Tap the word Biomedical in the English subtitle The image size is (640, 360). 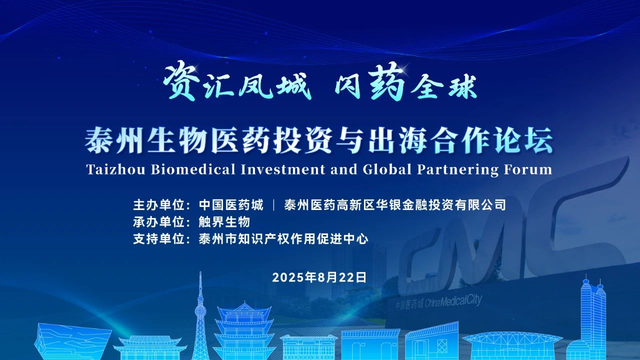[x=193, y=169]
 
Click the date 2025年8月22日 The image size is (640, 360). [x=319, y=277]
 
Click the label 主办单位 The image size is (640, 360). [x=159, y=205]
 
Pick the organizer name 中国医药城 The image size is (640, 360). [x=231, y=205]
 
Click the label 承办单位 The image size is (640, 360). [x=159, y=222]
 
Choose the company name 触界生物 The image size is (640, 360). [x=224, y=222]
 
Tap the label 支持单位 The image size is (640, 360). [x=159, y=239]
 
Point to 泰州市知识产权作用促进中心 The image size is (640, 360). [x=283, y=239]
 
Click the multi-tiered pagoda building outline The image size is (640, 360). [x=243, y=331]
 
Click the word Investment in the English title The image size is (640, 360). [x=283, y=169]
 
